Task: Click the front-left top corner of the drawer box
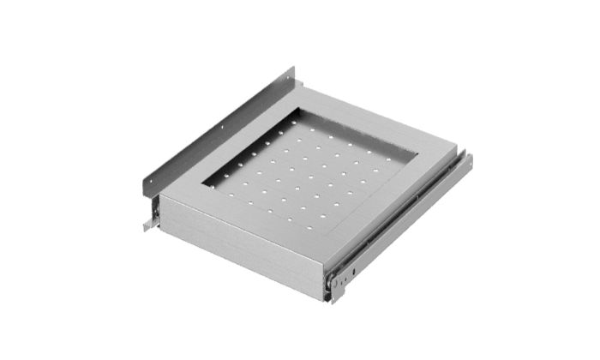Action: (x=160, y=195)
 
